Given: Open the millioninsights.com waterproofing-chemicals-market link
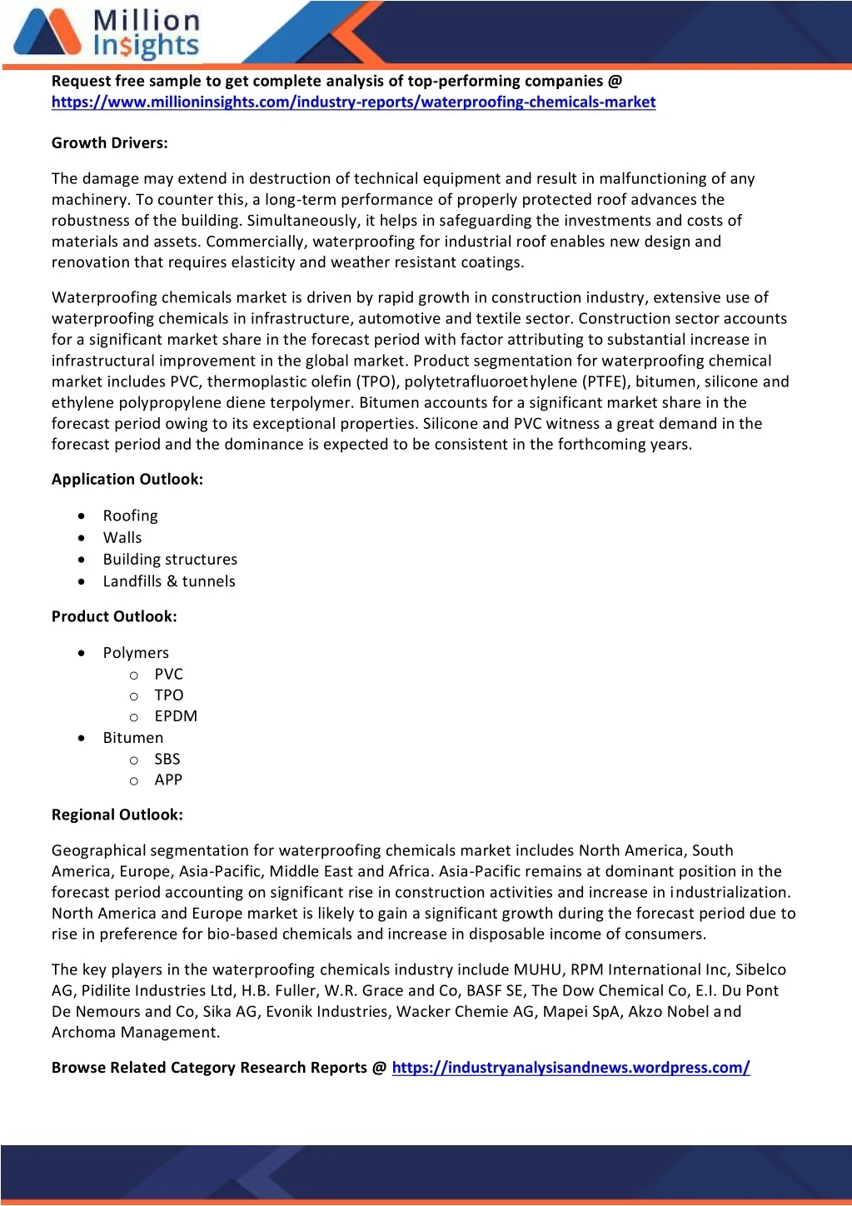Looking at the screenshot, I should pyautogui.click(x=353, y=102).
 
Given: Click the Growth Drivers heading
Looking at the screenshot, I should pyautogui.click(x=110, y=142).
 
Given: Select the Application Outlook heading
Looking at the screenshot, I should pyautogui.click(x=127, y=479).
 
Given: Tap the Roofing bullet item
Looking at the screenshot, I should pyautogui.click(x=130, y=516).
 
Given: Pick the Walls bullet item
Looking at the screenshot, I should pyautogui.click(x=122, y=537).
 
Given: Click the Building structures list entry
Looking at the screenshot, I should pyautogui.click(x=170, y=559).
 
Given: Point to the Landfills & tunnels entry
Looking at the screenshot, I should pyautogui.click(x=169, y=581).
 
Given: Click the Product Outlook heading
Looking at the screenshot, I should pyautogui.click(x=114, y=616).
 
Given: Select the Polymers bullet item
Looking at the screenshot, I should pyautogui.click(x=136, y=653).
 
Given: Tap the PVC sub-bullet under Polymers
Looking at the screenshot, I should pyautogui.click(x=168, y=674).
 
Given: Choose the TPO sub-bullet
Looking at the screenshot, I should pyautogui.click(x=169, y=695).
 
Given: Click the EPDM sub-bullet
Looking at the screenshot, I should pyautogui.click(x=176, y=716).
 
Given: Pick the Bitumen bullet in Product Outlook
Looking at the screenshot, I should pyautogui.click(x=133, y=738).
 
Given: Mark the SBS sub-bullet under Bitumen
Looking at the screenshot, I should pyautogui.click(x=167, y=759).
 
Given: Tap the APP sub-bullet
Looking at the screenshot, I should pyautogui.click(x=168, y=780).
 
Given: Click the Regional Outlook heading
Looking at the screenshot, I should pyautogui.click(x=117, y=815).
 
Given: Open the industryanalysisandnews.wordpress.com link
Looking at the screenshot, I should pyautogui.click(x=570, y=1068).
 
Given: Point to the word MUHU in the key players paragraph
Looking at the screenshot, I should pyautogui.click(x=538, y=969).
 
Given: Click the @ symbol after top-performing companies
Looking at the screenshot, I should pyautogui.click(x=615, y=81).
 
